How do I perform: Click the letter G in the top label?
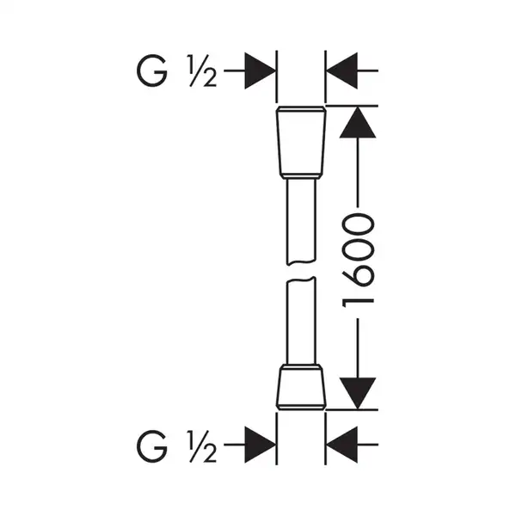pyautogui.click(x=151, y=71)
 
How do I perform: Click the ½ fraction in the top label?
pyautogui.click(x=202, y=71)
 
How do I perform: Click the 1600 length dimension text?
pyautogui.click(x=358, y=261)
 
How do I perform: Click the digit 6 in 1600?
pyautogui.click(x=358, y=278)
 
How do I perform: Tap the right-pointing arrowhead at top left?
pyautogui.click(x=260, y=71)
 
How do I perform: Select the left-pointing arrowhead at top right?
pyautogui.click(x=342, y=71)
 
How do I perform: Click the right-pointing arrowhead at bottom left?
pyautogui.click(x=260, y=445)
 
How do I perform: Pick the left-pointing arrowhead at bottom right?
pyautogui.click(x=342, y=445)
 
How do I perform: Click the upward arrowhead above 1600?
pyautogui.click(x=358, y=122)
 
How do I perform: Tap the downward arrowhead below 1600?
pyautogui.click(x=358, y=394)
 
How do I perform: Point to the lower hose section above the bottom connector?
pyautogui.click(x=301, y=321)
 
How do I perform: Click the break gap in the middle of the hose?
pyautogui.click(x=301, y=271)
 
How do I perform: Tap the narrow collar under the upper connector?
pyautogui.click(x=301, y=176)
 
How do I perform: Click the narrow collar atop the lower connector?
pyautogui.click(x=301, y=366)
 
